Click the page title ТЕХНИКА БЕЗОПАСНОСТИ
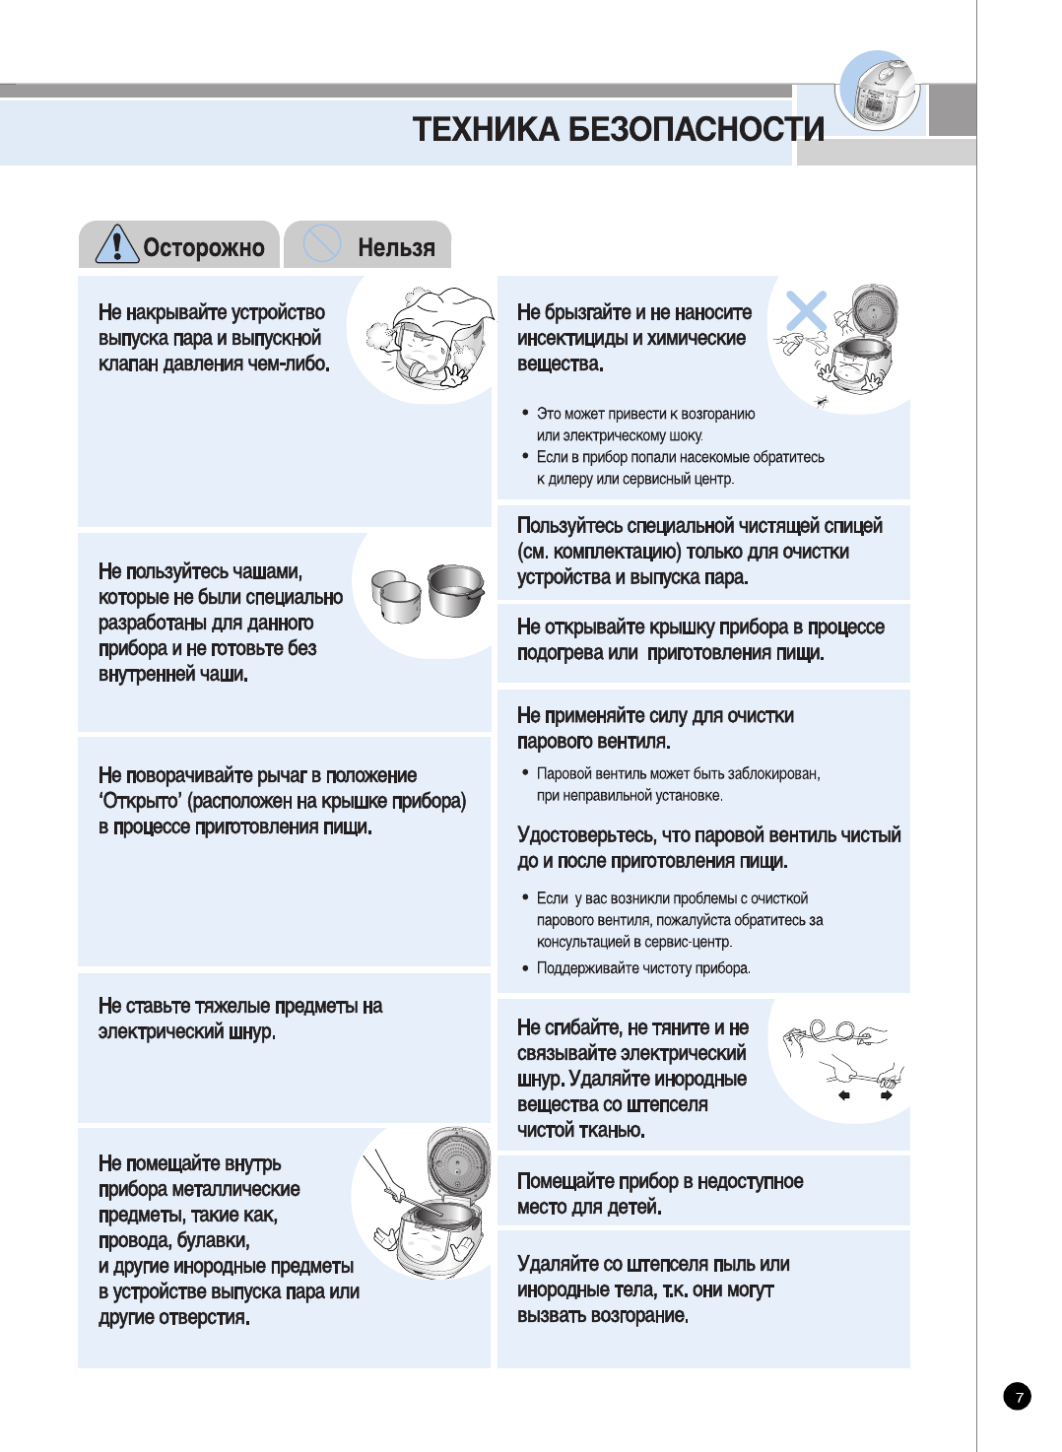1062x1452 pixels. point(618,129)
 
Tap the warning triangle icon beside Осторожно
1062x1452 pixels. point(116,244)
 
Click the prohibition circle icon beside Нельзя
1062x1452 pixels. point(321,243)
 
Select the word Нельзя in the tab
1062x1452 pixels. point(396,247)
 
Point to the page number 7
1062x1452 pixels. point(1018,1396)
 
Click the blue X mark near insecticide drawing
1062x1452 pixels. point(806,310)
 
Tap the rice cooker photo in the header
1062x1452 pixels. point(880,94)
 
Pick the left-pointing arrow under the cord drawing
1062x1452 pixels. point(843,1095)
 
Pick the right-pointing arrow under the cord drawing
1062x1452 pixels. point(887,1095)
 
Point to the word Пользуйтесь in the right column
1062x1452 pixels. point(569,526)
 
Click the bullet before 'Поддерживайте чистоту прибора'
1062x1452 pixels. point(525,968)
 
